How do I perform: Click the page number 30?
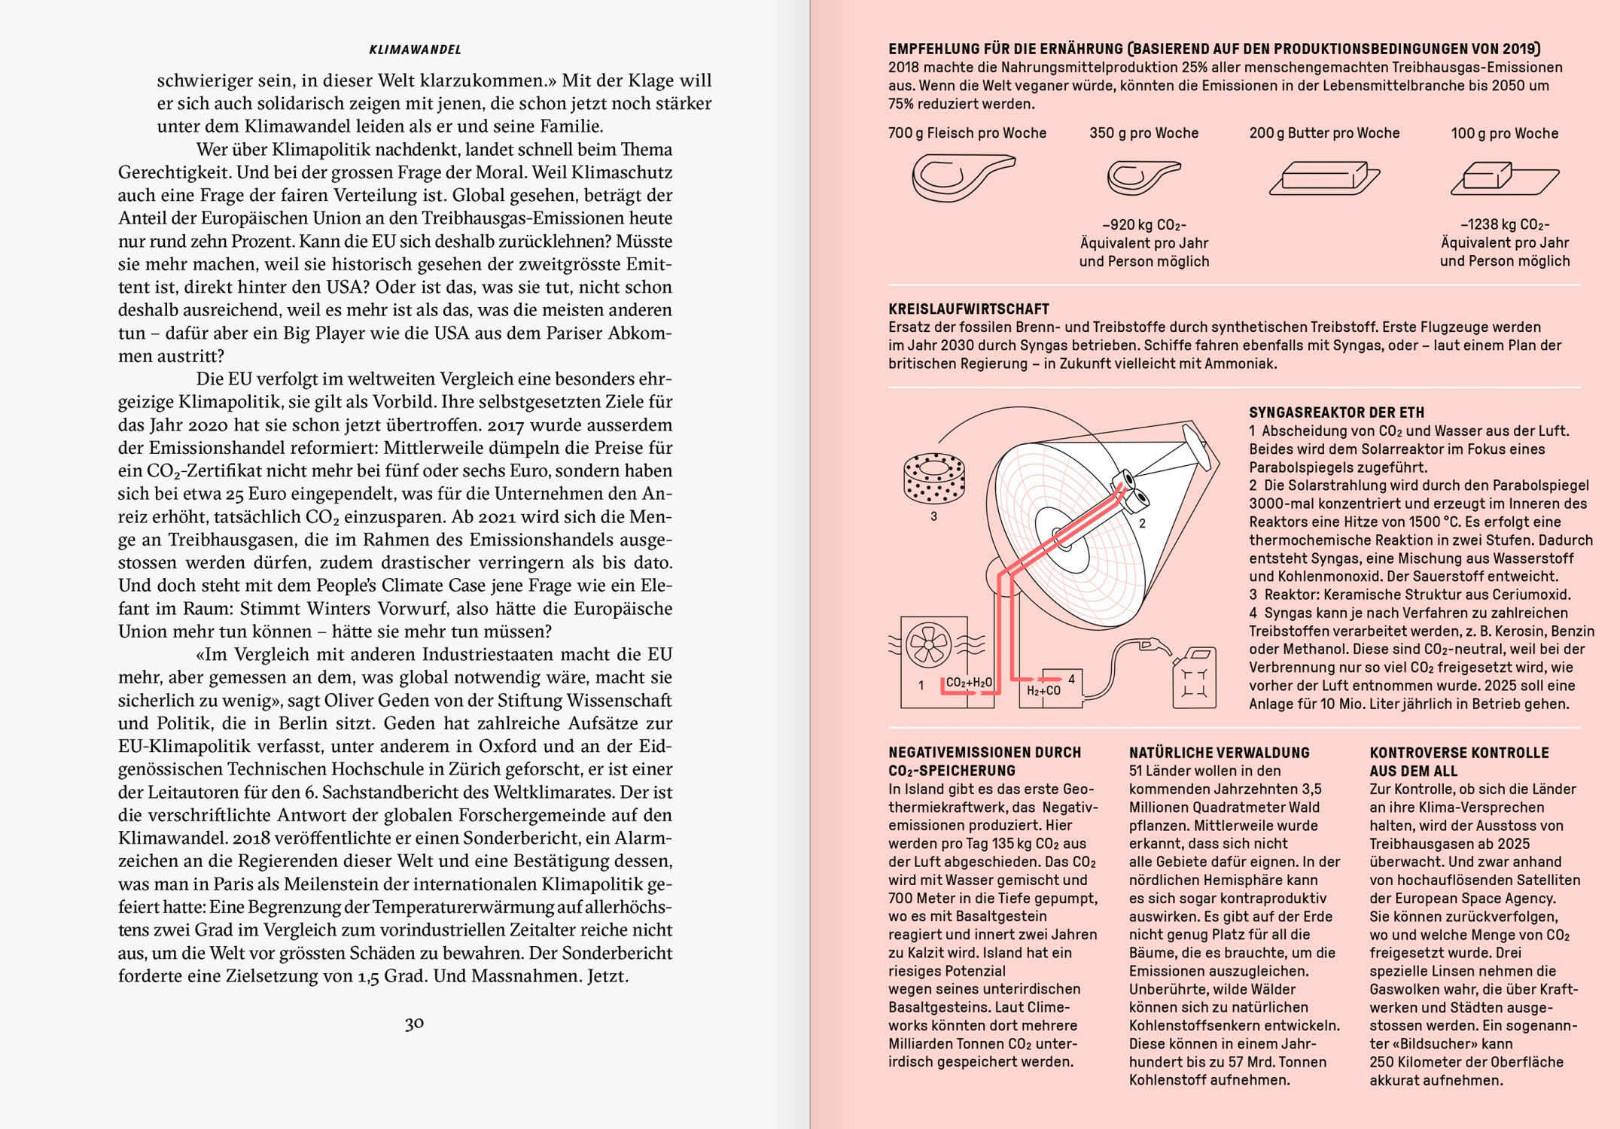click(414, 1024)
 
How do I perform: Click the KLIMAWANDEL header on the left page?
click(415, 50)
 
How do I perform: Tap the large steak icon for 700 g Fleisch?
click(963, 178)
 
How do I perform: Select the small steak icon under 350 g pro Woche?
click(1143, 178)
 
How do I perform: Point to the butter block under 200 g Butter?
click(1324, 178)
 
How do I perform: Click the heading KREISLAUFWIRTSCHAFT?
click(968, 309)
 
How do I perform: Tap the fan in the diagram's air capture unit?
click(929, 644)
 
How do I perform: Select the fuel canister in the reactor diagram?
click(1194, 679)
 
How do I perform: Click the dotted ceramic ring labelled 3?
click(933, 477)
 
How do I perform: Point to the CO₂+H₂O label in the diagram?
click(969, 683)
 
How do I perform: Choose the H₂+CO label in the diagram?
click(1043, 690)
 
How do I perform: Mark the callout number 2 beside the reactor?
click(1142, 523)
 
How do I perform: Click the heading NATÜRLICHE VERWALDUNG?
click(1219, 753)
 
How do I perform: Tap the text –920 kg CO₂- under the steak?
click(1143, 225)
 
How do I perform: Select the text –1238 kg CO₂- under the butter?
click(1504, 224)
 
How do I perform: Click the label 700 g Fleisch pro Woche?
click(967, 133)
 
